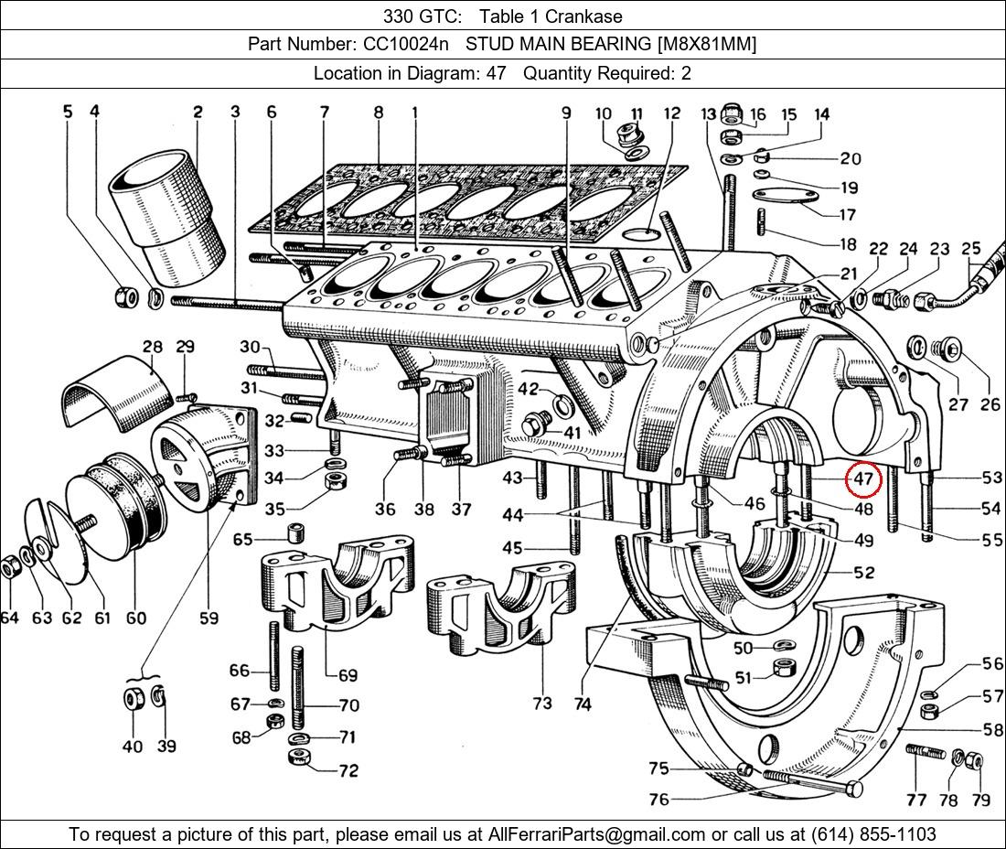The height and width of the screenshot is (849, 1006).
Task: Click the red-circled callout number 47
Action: point(863,478)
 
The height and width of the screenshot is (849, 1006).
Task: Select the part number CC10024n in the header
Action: point(398,44)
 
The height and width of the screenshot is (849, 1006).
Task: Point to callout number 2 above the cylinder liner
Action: point(198,113)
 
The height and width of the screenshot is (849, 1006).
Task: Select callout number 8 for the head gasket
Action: point(379,113)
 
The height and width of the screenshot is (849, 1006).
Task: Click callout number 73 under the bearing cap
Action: point(542,703)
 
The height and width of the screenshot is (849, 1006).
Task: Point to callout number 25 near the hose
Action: point(970,248)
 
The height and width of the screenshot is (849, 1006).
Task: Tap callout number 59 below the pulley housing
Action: point(209,618)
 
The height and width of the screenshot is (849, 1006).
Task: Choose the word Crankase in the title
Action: point(588,16)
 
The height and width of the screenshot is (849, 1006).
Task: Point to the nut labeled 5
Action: point(123,297)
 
